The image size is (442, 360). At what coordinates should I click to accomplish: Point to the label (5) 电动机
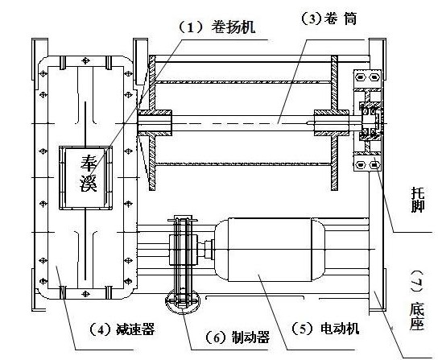[327, 329]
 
